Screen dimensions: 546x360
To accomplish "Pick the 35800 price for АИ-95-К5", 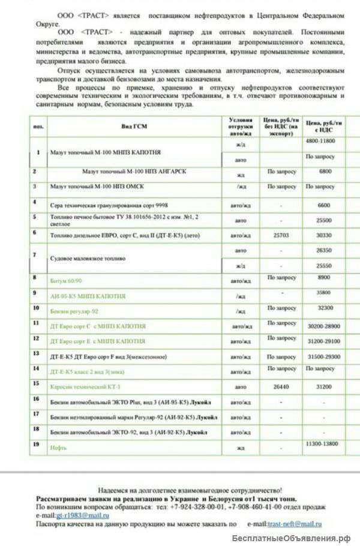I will (324, 293).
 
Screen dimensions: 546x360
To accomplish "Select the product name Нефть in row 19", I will (58, 448).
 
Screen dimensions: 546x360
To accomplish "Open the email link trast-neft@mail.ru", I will (295, 524).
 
